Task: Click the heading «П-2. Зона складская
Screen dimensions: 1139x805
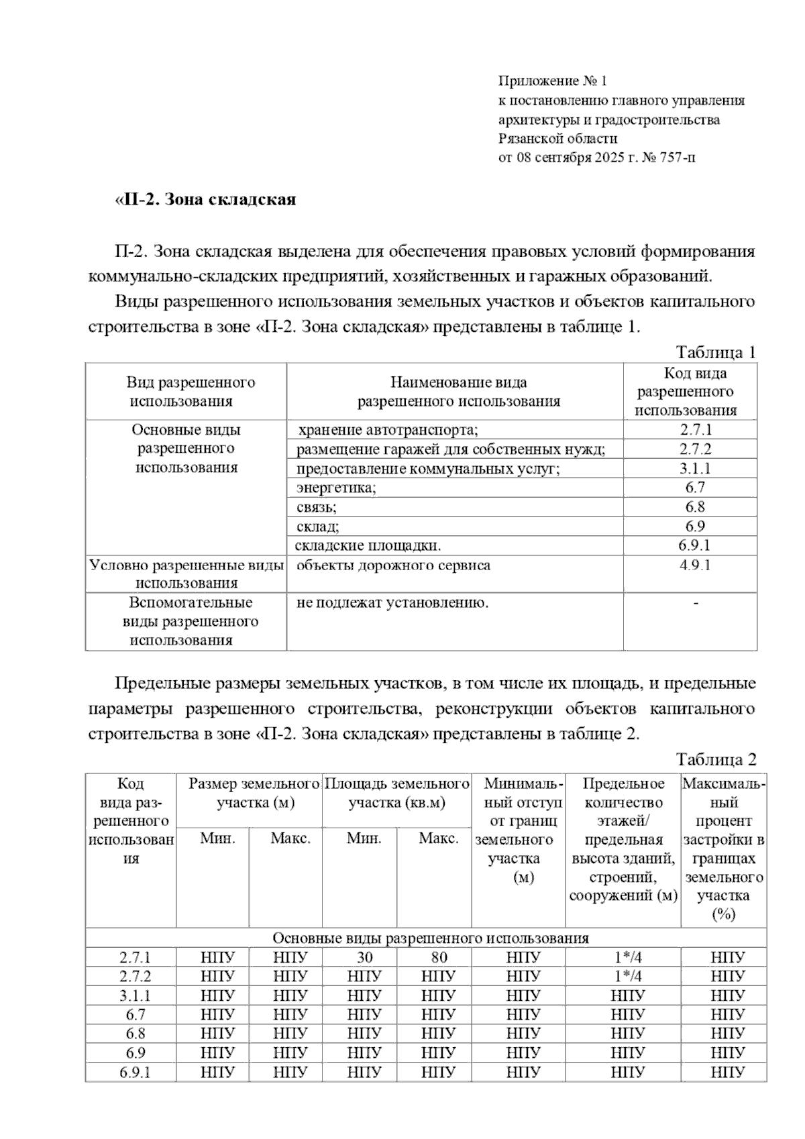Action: [x=205, y=200]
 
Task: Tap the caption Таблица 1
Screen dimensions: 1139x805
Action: [x=716, y=353]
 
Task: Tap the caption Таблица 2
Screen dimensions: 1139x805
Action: [x=716, y=759]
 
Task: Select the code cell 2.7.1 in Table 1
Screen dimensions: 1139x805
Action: [x=695, y=430]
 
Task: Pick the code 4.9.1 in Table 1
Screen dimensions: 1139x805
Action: [x=695, y=565]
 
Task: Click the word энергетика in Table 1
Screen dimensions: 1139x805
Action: [x=336, y=488]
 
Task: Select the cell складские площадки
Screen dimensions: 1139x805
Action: [x=368, y=545]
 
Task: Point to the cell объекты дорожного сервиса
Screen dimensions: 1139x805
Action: [x=393, y=565]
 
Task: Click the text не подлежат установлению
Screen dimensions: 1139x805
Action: [x=392, y=602]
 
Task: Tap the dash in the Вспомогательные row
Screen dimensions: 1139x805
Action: [x=696, y=603]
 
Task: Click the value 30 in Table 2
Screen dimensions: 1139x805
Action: [x=364, y=957]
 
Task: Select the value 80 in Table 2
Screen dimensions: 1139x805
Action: [x=439, y=957]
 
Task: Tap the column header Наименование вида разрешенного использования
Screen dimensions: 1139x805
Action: [x=458, y=392]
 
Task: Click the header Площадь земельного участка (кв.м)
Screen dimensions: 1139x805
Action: [x=397, y=793]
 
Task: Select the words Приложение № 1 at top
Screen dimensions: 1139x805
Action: [x=551, y=81]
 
